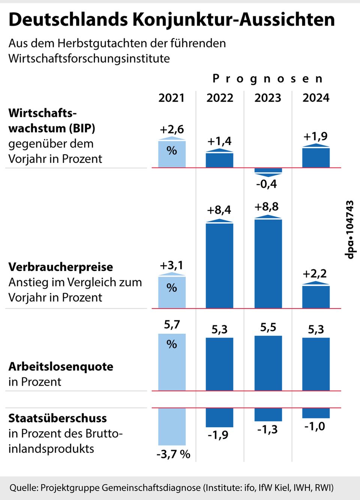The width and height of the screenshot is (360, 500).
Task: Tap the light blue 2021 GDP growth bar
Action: [172, 154]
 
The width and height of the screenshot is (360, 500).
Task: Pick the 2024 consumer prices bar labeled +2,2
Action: [316, 297]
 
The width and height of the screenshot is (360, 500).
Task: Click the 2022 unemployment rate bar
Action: [219, 364]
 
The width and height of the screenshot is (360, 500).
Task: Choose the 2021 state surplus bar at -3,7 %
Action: [172, 426]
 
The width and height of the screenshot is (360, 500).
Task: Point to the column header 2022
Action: [220, 98]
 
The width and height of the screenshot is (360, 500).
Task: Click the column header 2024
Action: [316, 98]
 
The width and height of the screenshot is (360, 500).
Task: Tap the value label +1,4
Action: [219, 142]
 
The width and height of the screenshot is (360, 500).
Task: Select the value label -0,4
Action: [267, 184]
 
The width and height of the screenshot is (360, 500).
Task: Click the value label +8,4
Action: [219, 210]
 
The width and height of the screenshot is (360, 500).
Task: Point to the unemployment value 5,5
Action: [268, 327]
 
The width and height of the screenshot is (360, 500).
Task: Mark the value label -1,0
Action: [315, 427]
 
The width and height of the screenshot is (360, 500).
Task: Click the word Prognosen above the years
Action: [267, 79]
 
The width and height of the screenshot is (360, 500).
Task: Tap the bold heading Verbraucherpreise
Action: [61, 267]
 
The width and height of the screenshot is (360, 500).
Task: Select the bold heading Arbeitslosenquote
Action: [61, 366]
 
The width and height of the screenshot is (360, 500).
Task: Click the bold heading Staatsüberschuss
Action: [57, 418]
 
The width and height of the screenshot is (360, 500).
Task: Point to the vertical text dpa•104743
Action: [349, 230]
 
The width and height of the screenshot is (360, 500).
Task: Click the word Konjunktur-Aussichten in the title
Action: [234, 20]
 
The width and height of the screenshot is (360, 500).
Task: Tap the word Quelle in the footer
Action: [23, 488]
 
